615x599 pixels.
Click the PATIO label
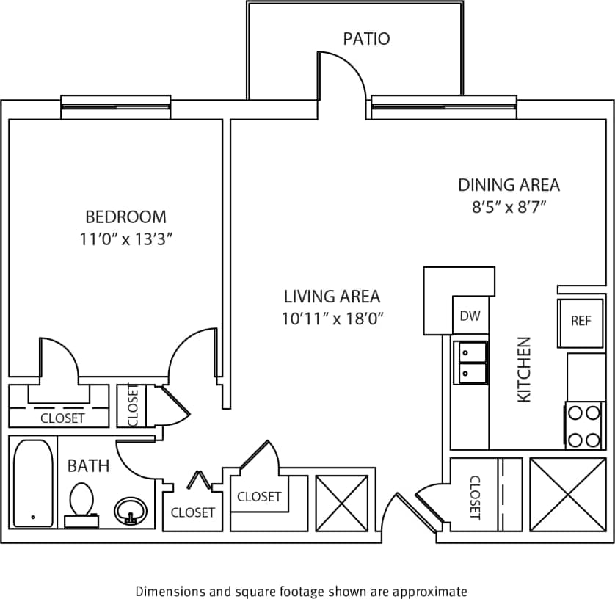click(x=366, y=38)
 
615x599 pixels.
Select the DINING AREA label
click(x=509, y=185)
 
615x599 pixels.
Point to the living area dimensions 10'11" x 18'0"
click(x=332, y=319)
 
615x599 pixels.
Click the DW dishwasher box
click(x=470, y=316)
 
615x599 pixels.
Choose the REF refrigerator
click(x=581, y=322)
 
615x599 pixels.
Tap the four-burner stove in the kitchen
click(x=584, y=426)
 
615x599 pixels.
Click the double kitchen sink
click(x=470, y=363)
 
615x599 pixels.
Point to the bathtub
click(x=34, y=482)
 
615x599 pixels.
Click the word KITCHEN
click(x=524, y=369)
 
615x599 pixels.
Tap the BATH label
click(x=89, y=465)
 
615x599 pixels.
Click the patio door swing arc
click(x=343, y=73)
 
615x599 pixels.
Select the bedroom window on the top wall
click(x=116, y=107)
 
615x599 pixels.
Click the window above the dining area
click(x=443, y=107)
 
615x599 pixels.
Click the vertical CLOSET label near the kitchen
click(x=474, y=497)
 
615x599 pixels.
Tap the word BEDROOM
click(x=126, y=217)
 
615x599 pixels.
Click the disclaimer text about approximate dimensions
click(x=301, y=591)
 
